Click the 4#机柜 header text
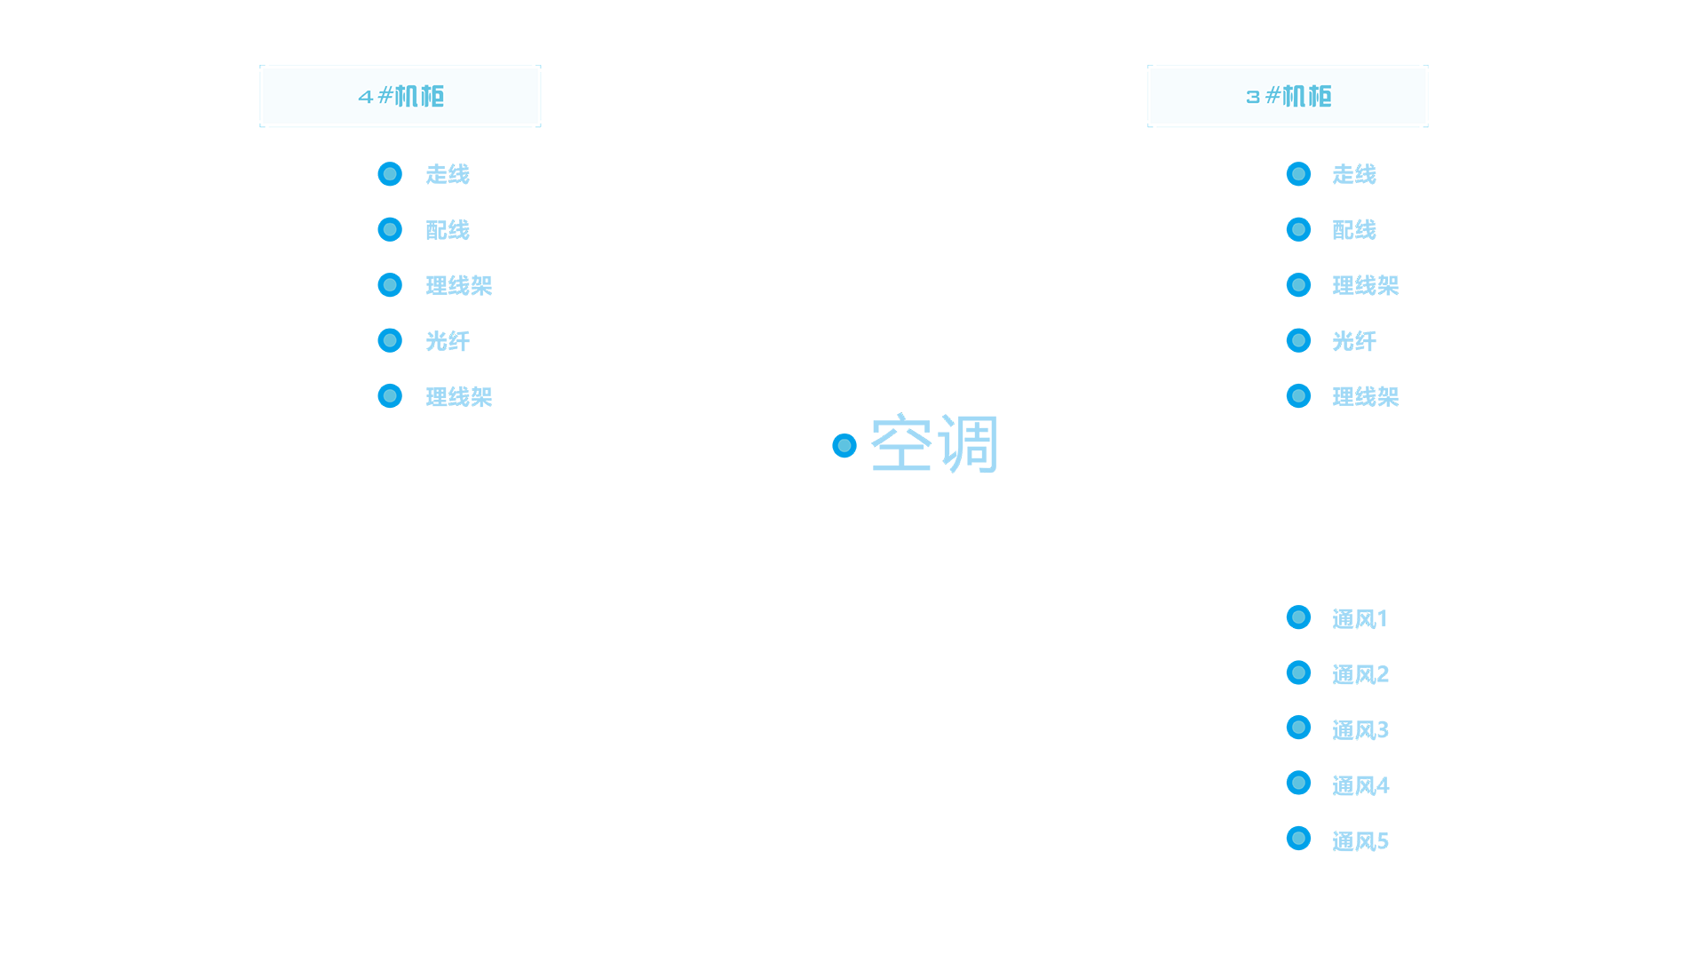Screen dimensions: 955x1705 (401, 96)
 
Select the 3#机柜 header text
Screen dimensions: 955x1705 (1289, 96)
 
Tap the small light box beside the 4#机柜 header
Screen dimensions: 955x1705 (567, 96)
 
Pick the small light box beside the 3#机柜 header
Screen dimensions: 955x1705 (1122, 96)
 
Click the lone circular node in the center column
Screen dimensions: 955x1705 (845, 445)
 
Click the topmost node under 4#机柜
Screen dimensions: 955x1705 (390, 174)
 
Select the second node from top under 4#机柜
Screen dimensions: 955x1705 (390, 229)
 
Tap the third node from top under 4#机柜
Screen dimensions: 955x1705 (390, 285)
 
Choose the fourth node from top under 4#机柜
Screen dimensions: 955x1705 (390, 340)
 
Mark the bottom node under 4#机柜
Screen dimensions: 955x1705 (390, 395)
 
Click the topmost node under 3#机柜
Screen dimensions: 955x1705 (1298, 174)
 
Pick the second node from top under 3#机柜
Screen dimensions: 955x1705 (1298, 229)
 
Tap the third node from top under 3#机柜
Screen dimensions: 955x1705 (1298, 285)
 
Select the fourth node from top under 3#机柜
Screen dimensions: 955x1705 (1298, 340)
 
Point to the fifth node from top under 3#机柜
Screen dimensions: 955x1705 (1298, 395)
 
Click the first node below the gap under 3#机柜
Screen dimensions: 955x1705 (1298, 617)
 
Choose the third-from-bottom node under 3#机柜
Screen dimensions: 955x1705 (1298, 727)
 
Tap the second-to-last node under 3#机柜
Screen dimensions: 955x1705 (1298, 783)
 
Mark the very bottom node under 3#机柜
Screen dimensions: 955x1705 (1298, 838)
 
